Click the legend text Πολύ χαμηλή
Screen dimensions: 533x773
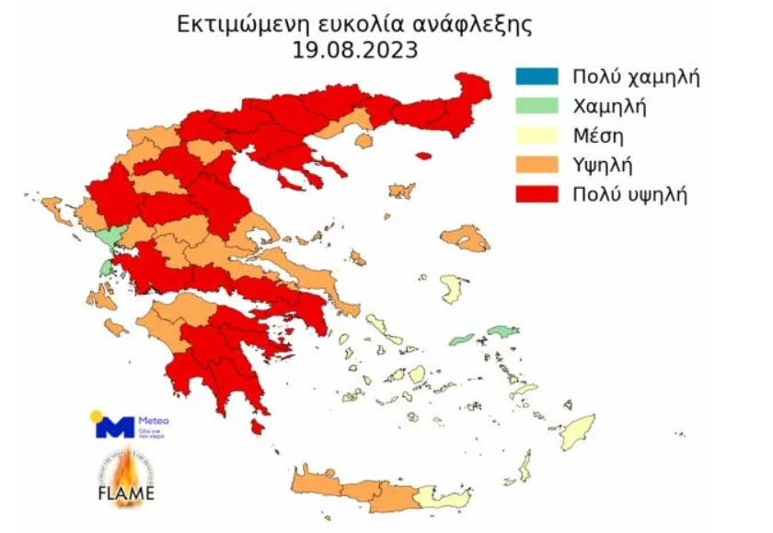click(636, 76)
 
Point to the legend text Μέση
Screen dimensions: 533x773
click(598, 135)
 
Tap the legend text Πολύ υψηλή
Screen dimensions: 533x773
click(629, 194)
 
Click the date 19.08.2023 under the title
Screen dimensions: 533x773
click(355, 50)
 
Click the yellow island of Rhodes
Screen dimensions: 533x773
click(579, 431)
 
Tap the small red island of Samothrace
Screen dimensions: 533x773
click(423, 156)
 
